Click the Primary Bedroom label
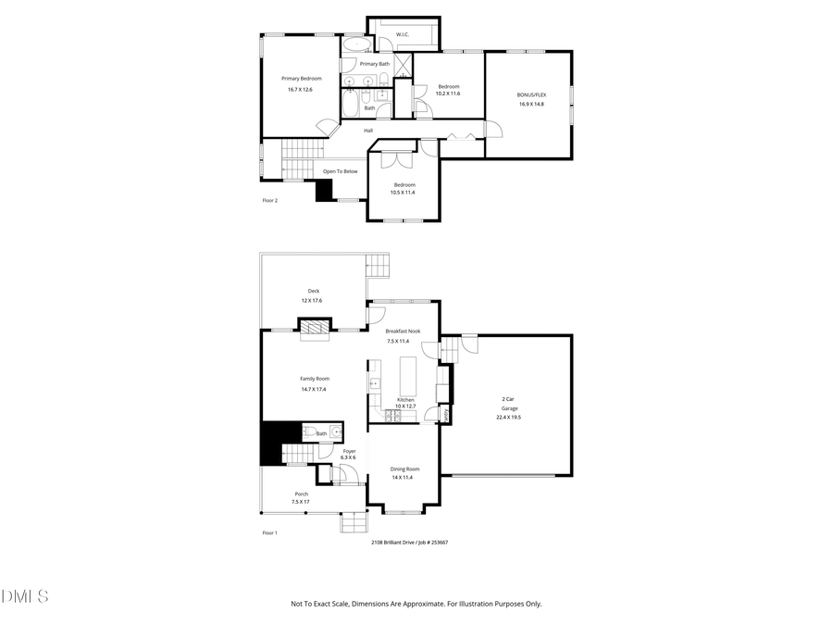pos(301,79)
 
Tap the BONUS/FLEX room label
pos(530,94)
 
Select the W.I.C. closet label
pos(403,35)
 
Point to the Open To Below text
pos(340,171)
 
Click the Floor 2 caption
pos(269,200)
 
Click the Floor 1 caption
pos(269,533)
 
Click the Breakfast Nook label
pos(403,331)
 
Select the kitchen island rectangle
pos(408,376)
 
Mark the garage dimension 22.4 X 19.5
pos(508,418)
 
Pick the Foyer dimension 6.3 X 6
pos(348,458)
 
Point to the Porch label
pos(302,494)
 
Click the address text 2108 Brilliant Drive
pos(396,543)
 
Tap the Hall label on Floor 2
pos(367,131)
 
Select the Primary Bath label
pos(375,64)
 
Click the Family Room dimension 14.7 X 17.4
pos(314,389)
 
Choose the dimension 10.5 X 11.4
pos(403,193)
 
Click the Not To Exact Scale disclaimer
pos(416,604)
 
